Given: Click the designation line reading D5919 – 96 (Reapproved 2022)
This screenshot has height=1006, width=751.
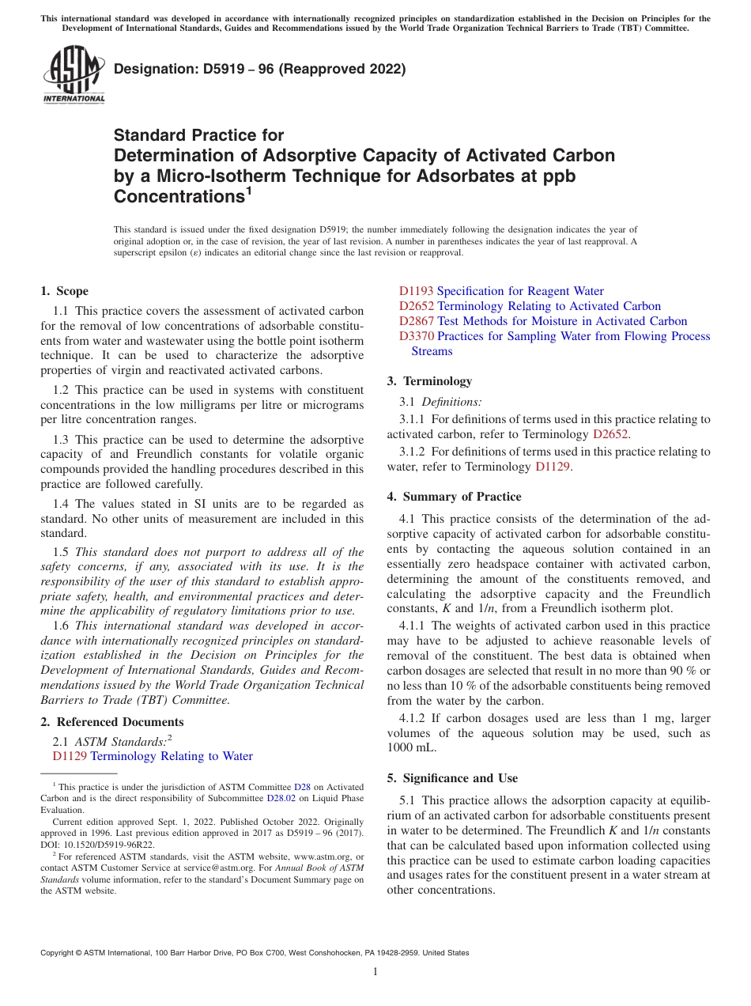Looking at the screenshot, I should [x=259, y=69].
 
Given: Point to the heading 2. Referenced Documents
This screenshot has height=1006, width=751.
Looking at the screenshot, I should [x=112, y=722].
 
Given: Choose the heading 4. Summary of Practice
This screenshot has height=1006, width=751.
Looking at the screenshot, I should [x=454, y=497].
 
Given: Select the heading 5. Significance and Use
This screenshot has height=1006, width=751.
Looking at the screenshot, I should [x=452, y=778].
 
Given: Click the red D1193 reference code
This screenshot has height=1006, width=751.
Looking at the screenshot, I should [x=416, y=291].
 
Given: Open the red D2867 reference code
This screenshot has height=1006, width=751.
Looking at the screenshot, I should [x=416, y=321].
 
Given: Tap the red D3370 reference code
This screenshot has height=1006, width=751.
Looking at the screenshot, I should [x=416, y=336].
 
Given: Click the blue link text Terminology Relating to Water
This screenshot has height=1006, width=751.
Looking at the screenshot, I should [x=172, y=756].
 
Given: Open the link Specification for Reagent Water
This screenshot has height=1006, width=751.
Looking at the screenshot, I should [x=520, y=291].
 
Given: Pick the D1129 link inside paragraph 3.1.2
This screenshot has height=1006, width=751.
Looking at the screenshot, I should [x=553, y=467].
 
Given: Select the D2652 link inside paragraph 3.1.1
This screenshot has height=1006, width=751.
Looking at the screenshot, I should [x=611, y=433].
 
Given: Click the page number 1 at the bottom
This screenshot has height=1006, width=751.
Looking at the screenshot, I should [x=375, y=971].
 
